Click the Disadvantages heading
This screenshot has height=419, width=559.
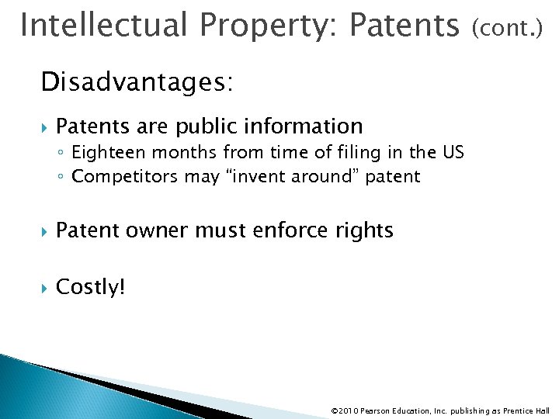coord(137,82)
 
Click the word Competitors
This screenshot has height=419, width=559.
coord(126,177)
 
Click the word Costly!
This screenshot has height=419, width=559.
coord(90,287)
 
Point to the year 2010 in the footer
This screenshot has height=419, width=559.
coord(350,410)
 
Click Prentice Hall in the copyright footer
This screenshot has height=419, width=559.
coord(525,410)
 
